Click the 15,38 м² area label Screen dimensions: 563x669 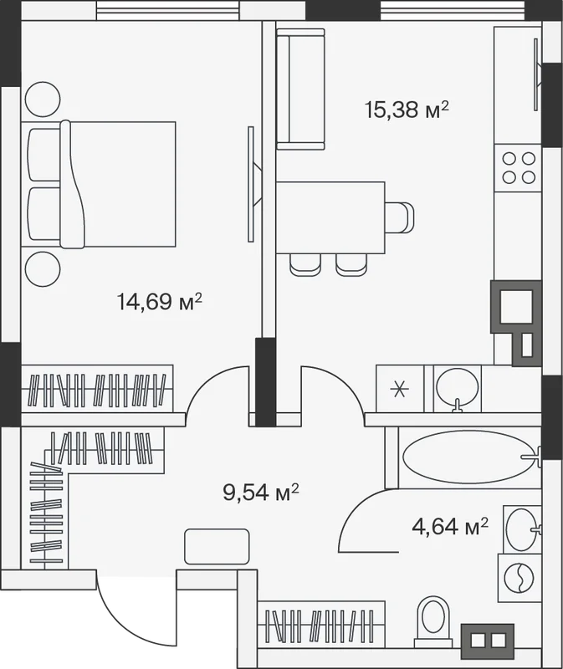pyautogui.click(x=407, y=110)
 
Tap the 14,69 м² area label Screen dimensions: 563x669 pyautogui.click(x=159, y=302)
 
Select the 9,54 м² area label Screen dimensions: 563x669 pyautogui.click(x=260, y=493)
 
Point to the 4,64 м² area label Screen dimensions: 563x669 pyautogui.click(x=450, y=526)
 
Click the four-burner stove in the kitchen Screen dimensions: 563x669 pyautogui.click(x=518, y=168)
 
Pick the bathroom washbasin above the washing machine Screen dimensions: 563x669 pyautogui.click(x=523, y=529)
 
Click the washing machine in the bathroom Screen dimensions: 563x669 pyautogui.click(x=519, y=578)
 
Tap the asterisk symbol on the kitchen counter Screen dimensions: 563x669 pyautogui.click(x=400, y=389)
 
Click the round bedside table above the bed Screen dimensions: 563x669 pyautogui.click(x=43, y=99)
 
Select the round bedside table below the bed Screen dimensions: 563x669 pyautogui.click(x=43, y=269)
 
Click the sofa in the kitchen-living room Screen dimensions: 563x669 pyautogui.click(x=300, y=89)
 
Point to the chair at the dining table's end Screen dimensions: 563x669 pyautogui.click(x=400, y=217)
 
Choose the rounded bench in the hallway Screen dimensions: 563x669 pyautogui.click(x=217, y=547)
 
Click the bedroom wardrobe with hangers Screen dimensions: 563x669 pyautogui.click(x=97, y=389)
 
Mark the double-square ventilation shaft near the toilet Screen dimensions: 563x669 pyautogui.click(x=488, y=641)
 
